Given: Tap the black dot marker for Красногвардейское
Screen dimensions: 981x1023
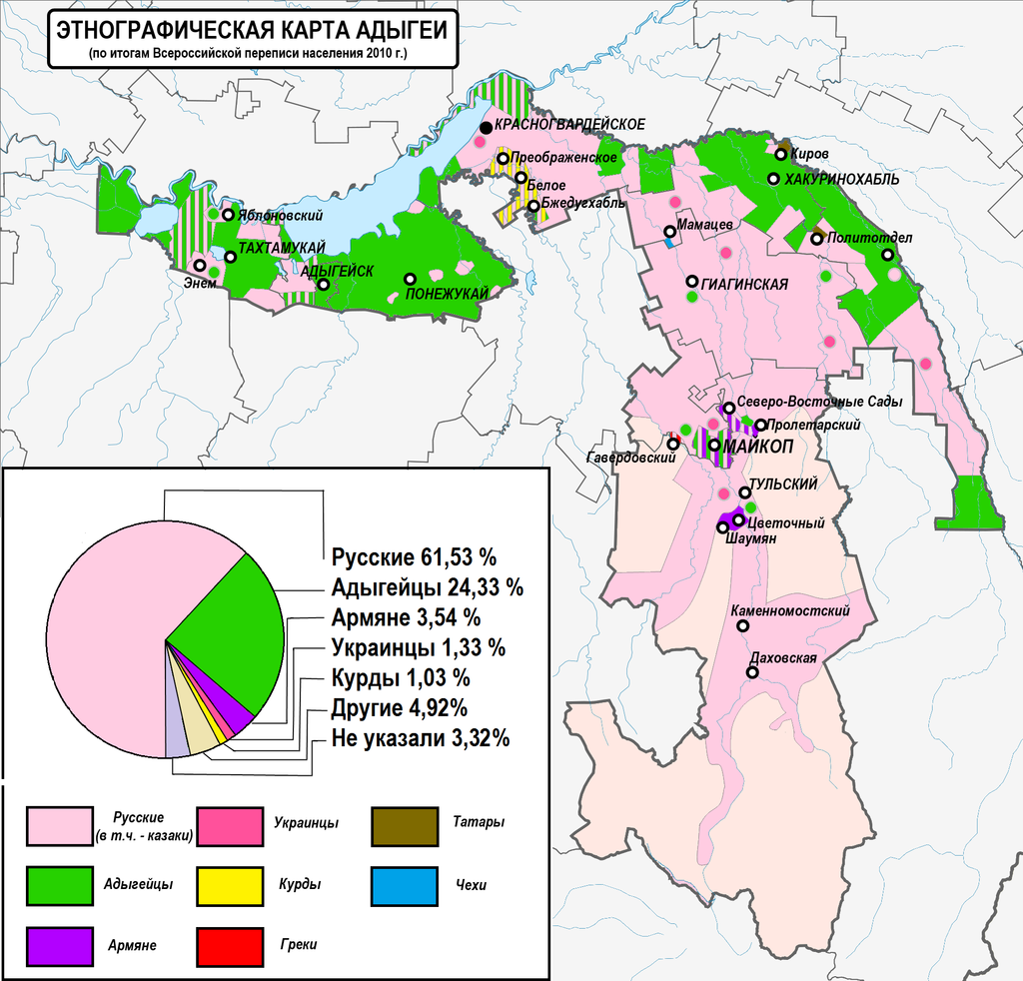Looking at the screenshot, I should (486, 127).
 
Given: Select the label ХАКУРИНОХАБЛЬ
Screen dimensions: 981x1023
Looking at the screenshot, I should (842, 179).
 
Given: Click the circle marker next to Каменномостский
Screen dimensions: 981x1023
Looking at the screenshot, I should (742, 626).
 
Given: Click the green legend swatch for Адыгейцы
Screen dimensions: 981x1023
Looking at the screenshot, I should (66, 884).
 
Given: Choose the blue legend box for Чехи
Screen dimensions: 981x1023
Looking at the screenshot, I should (405, 884).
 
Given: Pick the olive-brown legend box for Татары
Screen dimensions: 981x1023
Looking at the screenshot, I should (405, 824).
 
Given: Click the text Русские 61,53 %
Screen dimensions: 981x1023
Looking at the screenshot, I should (414, 556).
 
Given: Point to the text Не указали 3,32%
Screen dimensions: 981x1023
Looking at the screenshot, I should (421, 739).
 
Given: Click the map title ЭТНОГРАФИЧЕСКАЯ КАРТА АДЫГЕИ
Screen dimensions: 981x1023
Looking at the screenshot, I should (251, 29).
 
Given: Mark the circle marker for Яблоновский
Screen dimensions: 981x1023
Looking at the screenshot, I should (229, 215).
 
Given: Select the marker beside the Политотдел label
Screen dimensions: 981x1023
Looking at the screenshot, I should (817, 239).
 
